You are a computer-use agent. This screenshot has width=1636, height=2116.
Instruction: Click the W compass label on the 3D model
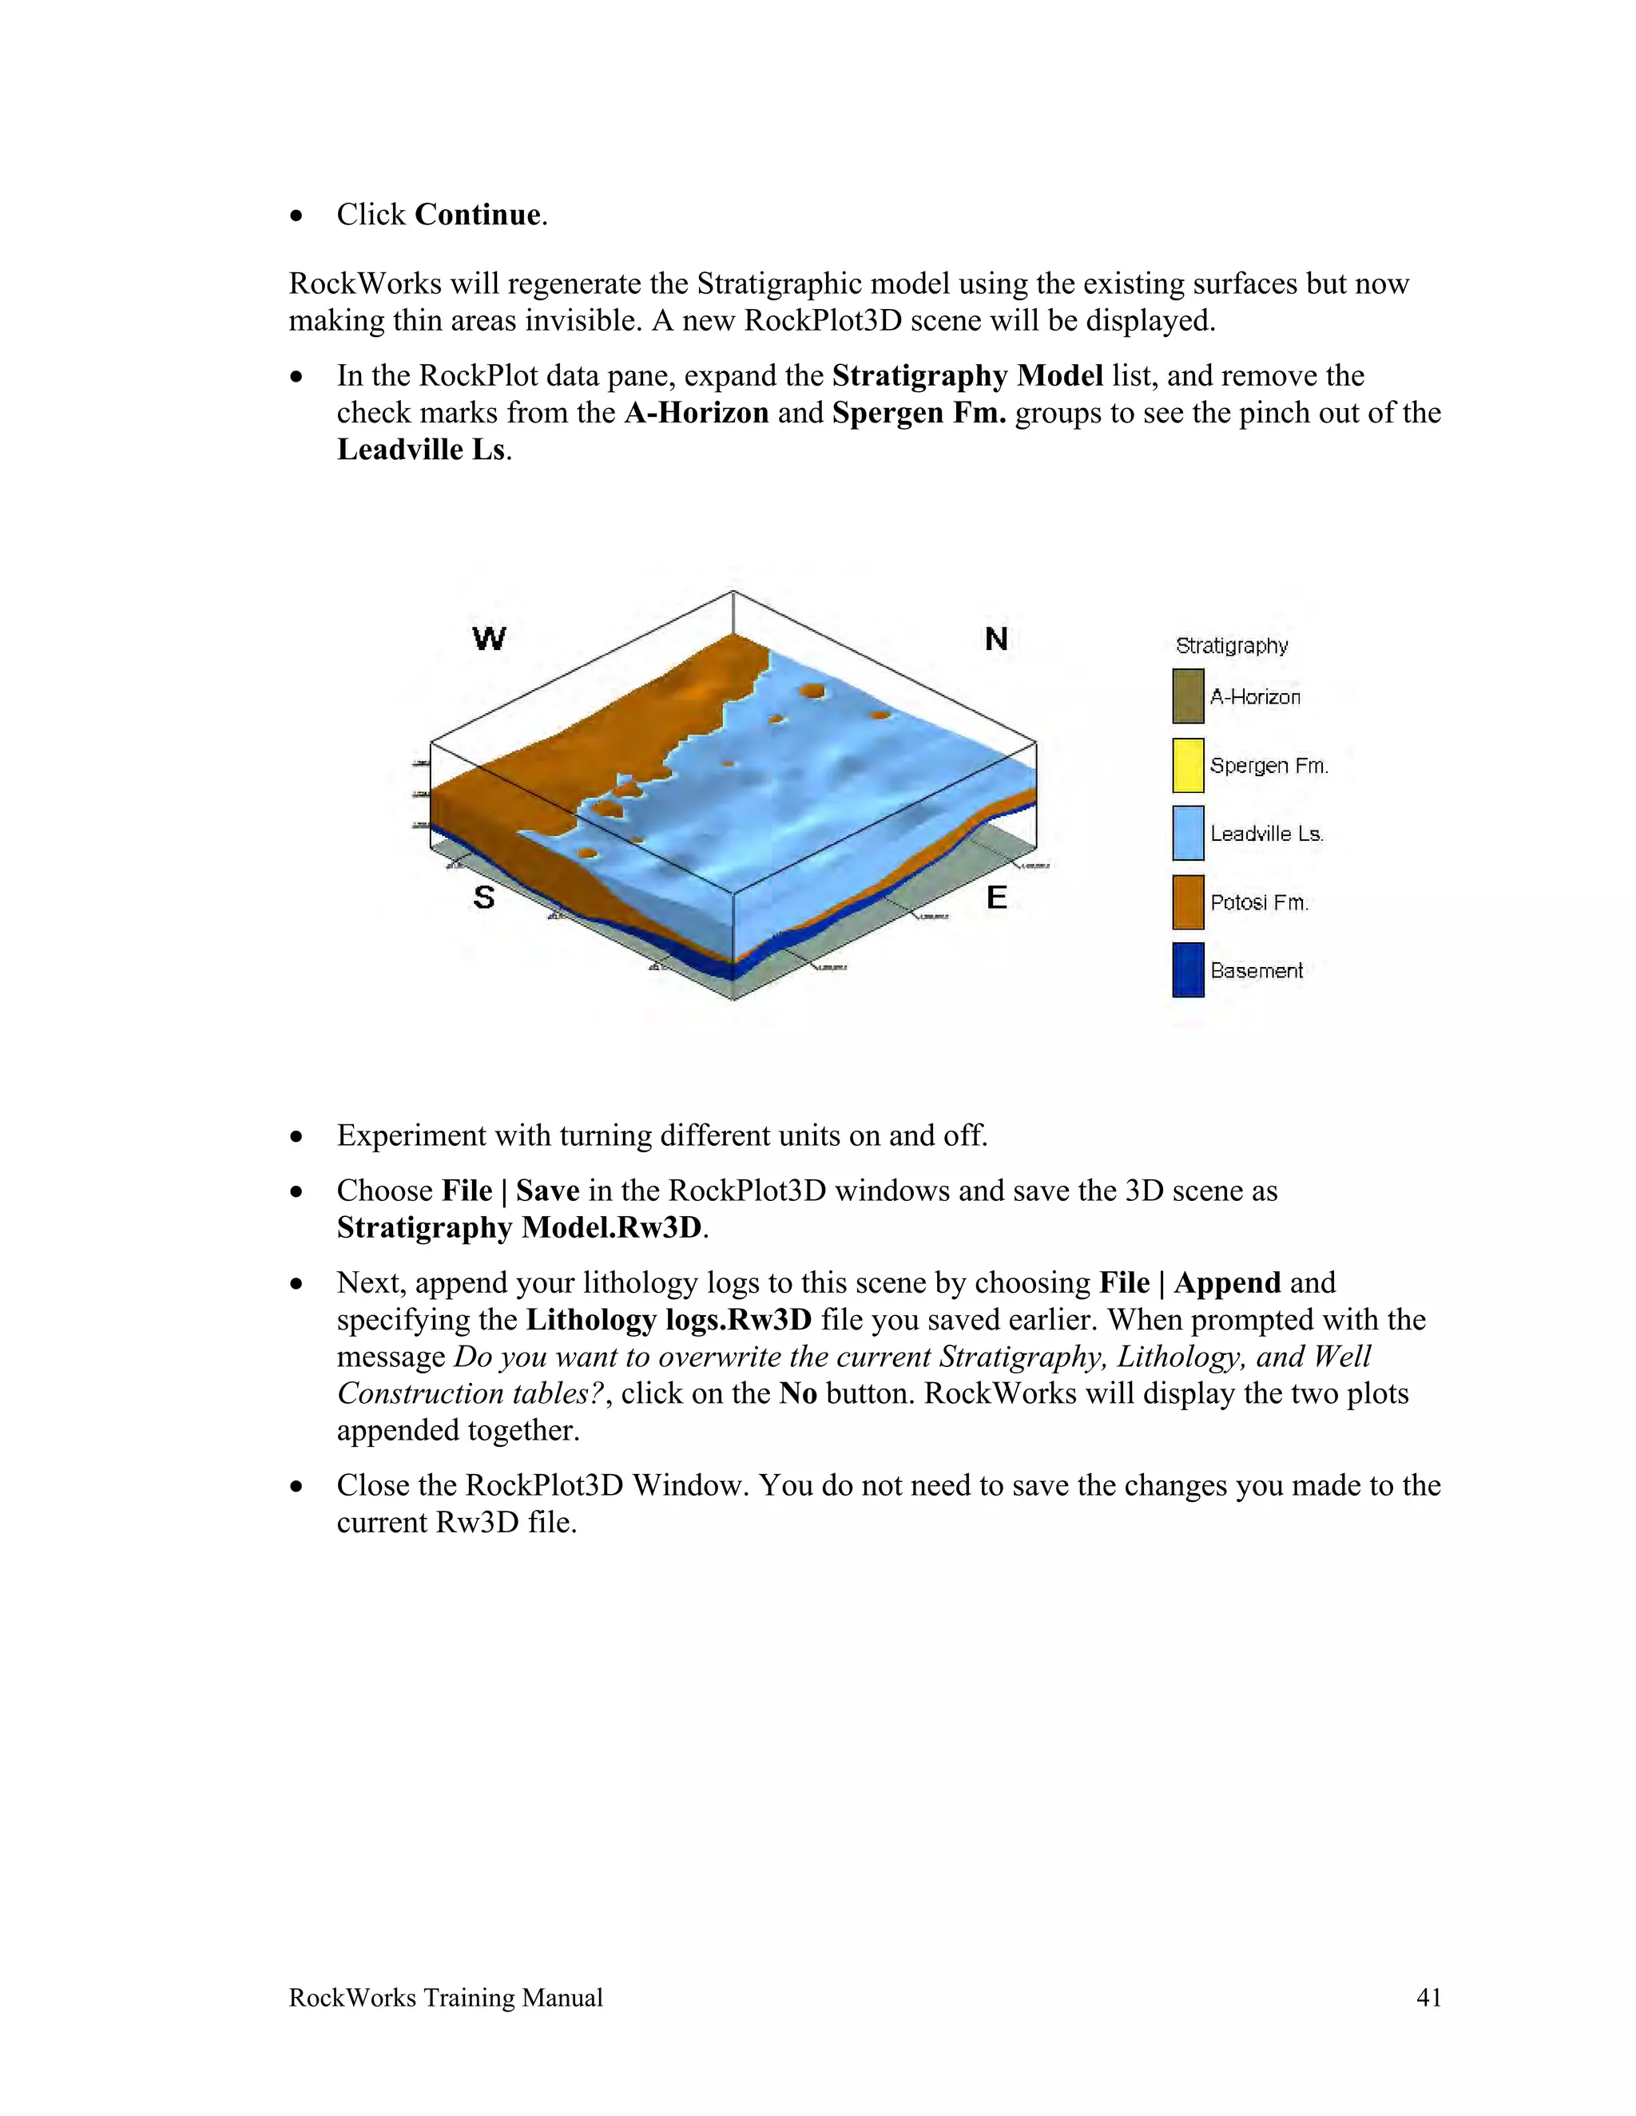point(490,639)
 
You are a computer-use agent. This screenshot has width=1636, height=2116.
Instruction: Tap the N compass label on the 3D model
point(996,639)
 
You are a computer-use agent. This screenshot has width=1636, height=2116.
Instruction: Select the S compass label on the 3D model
point(483,898)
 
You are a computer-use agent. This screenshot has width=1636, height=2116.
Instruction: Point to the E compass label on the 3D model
point(996,898)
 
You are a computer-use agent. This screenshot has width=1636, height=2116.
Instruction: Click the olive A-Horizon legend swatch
point(1188,695)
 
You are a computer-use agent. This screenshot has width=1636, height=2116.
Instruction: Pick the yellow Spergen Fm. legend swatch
point(1188,764)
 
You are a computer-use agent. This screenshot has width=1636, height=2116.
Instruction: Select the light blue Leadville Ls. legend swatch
point(1188,833)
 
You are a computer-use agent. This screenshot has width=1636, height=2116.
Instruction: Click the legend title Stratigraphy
point(1231,646)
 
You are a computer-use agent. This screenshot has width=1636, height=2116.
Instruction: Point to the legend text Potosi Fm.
point(1259,902)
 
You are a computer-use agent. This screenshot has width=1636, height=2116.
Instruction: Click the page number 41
point(1428,1998)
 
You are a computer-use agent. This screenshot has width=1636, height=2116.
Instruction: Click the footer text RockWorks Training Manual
point(446,1998)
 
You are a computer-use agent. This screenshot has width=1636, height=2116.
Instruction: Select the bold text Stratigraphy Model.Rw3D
point(518,1227)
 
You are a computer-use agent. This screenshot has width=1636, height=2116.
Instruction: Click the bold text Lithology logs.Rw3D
point(669,1320)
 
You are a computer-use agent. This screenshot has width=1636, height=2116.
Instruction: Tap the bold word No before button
point(798,1393)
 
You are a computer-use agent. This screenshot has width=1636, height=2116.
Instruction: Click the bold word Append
point(1227,1283)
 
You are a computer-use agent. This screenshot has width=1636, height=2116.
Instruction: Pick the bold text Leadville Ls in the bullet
point(421,450)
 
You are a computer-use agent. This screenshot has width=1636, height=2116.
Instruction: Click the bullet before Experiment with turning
point(297,1136)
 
